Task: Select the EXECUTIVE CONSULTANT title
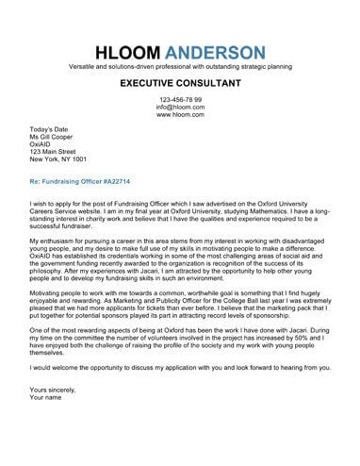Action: (180, 84)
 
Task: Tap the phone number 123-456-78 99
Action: (180, 100)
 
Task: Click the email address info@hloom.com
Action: (180, 108)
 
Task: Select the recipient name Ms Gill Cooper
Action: (57, 137)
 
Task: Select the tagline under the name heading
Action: (180, 68)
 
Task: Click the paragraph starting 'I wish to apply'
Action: (180, 213)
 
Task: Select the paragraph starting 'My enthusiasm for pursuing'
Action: (180, 261)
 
